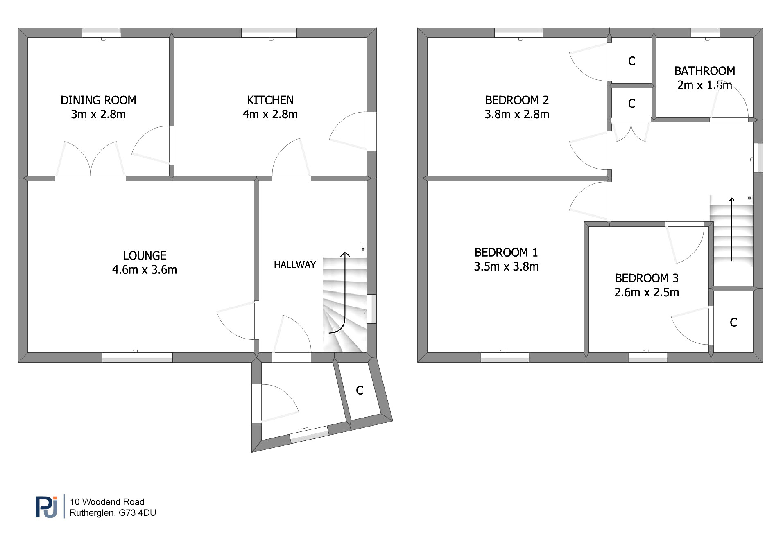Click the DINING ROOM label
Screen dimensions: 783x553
(98, 100)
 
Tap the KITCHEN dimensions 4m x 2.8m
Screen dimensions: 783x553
(270, 114)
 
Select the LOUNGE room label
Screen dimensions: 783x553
(145, 256)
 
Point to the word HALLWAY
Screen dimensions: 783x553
(295, 265)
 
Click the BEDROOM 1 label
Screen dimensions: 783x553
(506, 253)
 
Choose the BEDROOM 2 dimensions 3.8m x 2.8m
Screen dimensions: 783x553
(517, 114)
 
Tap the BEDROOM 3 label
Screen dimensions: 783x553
(647, 278)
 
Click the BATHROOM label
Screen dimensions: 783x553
(705, 71)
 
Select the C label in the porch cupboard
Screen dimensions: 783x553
(360, 390)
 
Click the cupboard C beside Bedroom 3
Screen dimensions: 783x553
(733, 323)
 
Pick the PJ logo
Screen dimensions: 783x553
(46, 507)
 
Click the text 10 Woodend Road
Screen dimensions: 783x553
(107, 502)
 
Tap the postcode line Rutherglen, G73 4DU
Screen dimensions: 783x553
(113, 513)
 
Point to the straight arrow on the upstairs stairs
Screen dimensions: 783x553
(732, 229)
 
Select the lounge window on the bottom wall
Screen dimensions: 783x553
(137, 357)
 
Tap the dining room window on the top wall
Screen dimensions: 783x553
(102, 33)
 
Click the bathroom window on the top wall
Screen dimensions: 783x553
(706, 33)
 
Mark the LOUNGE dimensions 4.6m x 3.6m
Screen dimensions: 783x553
(145, 270)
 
